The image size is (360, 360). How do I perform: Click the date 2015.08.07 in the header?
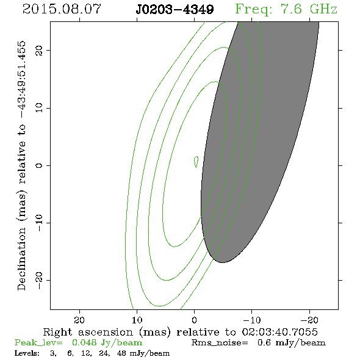[x=62, y=9]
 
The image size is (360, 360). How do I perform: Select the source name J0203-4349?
[x=175, y=10]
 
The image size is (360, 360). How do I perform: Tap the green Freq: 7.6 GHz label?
[x=286, y=10]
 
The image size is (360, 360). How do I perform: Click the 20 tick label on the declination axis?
[x=39, y=50]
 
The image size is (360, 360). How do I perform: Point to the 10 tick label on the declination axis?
[x=39, y=107]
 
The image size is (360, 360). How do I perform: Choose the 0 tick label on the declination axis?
[x=39, y=165]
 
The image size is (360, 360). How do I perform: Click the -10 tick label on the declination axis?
[x=39, y=223]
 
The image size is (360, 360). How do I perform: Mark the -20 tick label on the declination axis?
[x=39, y=280]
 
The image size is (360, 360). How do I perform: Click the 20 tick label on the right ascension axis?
[x=79, y=320]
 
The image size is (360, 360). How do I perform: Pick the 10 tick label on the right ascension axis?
[x=137, y=320]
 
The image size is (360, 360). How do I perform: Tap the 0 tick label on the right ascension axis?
[x=195, y=320]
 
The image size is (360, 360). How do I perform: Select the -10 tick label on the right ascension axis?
[x=252, y=320]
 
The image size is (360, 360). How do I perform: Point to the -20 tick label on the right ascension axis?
[x=309, y=320]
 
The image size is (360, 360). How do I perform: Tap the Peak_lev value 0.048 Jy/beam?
[x=107, y=343]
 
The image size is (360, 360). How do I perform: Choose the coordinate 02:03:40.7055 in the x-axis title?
[x=279, y=332]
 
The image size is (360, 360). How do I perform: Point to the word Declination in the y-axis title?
[x=21, y=259]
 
